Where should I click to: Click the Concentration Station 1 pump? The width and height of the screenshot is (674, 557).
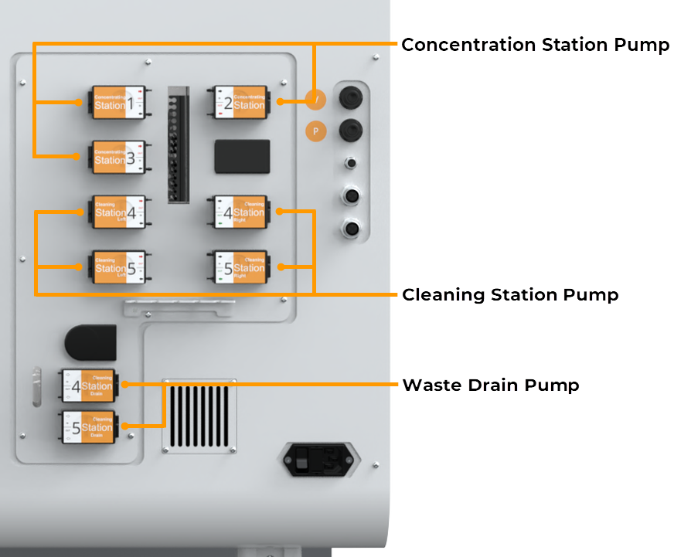(x=118, y=102)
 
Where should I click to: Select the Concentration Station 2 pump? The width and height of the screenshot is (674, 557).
(x=241, y=102)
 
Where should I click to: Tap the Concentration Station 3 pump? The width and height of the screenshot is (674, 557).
(x=118, y=157)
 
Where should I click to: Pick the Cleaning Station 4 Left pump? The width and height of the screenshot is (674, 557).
(x=118, y=212)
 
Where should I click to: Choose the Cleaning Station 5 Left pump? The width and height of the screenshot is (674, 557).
(x=118, y=267)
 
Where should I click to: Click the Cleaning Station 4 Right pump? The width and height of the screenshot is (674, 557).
(x=241, y=212)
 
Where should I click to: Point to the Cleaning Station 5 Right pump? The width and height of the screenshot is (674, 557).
(x=241, y=267)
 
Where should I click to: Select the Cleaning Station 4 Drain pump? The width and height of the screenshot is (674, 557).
(x=88, y=385)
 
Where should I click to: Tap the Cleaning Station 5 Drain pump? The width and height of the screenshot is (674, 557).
(x=88, y=426)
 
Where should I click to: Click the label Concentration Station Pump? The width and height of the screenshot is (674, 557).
(x=535, y=45)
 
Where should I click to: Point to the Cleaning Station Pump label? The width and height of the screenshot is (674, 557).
(x=510, y=294)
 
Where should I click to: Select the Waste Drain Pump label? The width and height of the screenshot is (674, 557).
(x=490, y=385)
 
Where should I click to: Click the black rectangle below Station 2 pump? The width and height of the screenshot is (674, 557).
(x=242, y=156)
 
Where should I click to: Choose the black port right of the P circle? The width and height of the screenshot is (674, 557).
(x=352, y=128)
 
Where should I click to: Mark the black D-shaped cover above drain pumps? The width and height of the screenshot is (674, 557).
(x=91, y=342)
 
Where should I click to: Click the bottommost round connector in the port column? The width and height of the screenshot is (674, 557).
(x=352, y=229)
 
